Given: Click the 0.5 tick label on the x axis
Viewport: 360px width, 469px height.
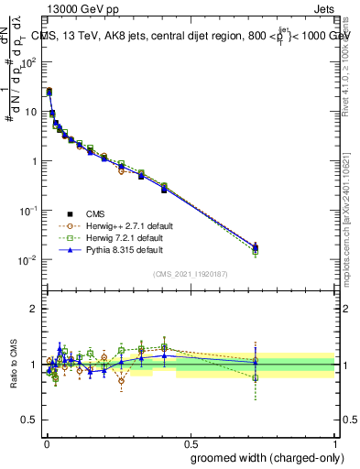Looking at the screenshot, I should (190, 442).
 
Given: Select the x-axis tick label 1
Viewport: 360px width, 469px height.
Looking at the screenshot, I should (335, 442).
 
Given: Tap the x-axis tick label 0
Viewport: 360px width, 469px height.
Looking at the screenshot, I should (46, 442).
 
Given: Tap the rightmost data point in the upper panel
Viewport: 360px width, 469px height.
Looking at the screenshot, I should (256, 247).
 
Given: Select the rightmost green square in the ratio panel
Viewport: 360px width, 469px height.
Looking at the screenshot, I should (256, 377).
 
